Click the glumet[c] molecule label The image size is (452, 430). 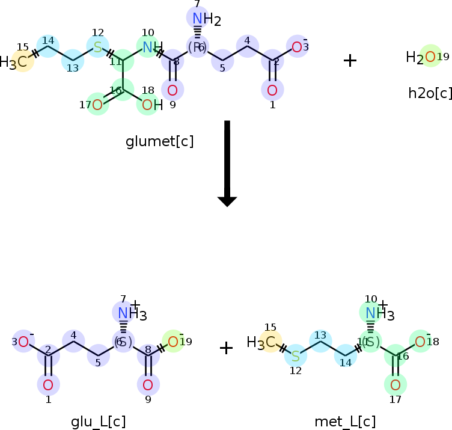coord(159,142)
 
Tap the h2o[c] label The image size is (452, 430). coord(430,93)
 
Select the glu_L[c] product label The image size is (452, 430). coord(99,422)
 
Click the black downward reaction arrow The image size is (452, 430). coord(227,163)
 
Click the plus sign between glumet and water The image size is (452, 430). coord(350,60)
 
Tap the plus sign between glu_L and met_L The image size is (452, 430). coord(226,348)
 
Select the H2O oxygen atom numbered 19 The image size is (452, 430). coord(430,57)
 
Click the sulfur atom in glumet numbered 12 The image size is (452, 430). coord(98,46)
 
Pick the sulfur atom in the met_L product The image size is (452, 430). coord(295,357)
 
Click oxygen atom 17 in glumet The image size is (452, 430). coord(97,105)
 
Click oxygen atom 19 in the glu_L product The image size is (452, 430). coord(173,342)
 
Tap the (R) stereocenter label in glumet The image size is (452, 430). coord(197,47)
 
